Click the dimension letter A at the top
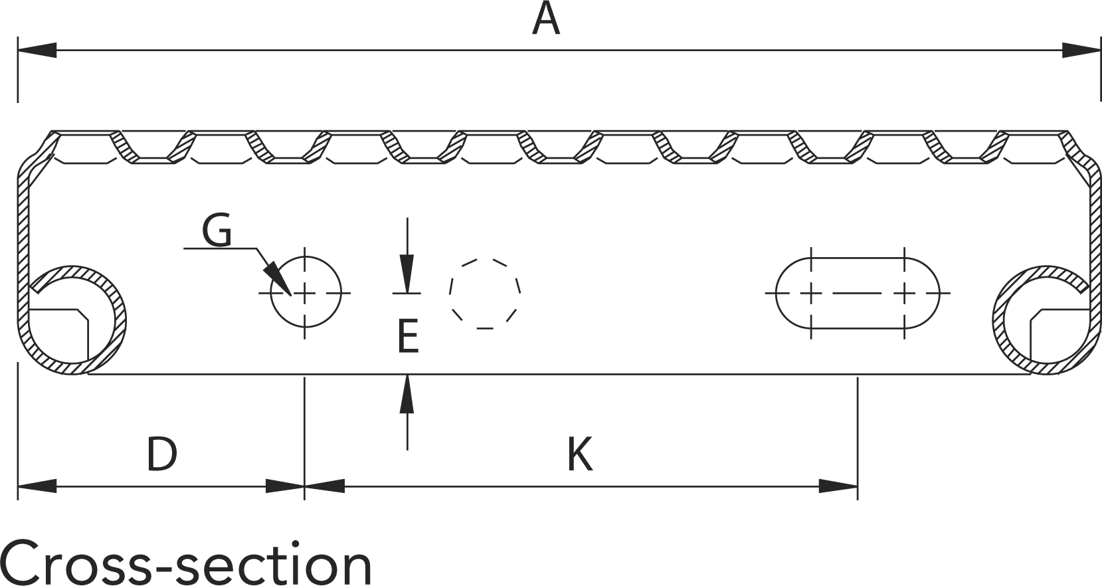pos(546,20)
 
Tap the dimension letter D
pos(161,454)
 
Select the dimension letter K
pos(579,454)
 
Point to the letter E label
pos(407,336)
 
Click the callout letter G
pos(217,231)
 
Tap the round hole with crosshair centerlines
pos(305,292)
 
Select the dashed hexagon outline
pos(485,292)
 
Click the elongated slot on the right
pos(857,292)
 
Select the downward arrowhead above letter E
pos(407,275)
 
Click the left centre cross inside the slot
pos(811,292)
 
